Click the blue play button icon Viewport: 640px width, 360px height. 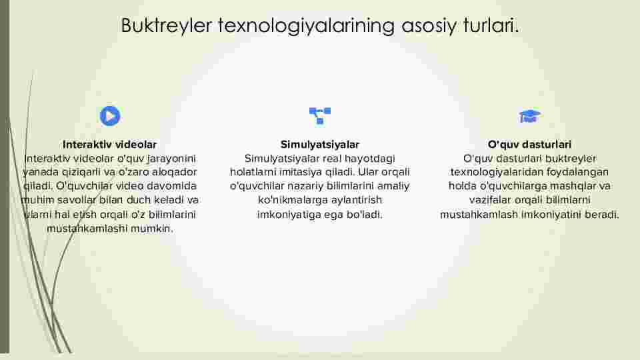[110, 116]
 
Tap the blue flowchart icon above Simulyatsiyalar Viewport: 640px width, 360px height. [320, 115]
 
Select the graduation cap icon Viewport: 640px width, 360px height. [529, 116]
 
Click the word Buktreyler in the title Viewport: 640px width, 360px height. [167, 25]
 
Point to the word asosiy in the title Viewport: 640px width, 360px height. [429, 26]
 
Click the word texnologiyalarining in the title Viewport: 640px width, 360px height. [306, 26]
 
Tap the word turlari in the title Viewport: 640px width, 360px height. [490, 25]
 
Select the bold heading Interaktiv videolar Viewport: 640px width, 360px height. [109, 145]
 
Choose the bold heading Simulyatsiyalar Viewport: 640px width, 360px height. [319, 145]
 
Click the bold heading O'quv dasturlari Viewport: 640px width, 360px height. [529, 145]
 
